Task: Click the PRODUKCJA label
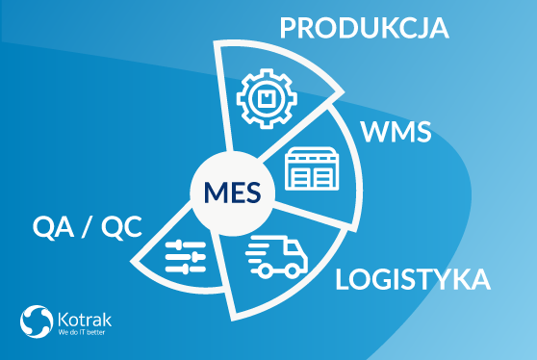(364, 28)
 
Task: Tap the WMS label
(396, 132)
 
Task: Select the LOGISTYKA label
(413, 279)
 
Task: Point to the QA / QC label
(87, 227)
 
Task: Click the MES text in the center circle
(233, 193)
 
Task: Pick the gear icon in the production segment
(267, 98)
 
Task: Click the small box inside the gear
(267, 98)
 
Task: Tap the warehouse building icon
(312, 168)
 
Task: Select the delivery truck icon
(277, 256)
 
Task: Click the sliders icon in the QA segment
(186, 257)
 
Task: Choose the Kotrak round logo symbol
(37, 321)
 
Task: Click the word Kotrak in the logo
(85, 320)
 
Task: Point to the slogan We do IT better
(82, 332)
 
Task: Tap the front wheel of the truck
(293, 270)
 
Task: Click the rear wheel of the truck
(265, 270)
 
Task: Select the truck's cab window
(293, 249)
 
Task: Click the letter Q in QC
(112, 227)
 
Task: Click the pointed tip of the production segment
(344, 91)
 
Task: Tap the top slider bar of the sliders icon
(186, 244)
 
